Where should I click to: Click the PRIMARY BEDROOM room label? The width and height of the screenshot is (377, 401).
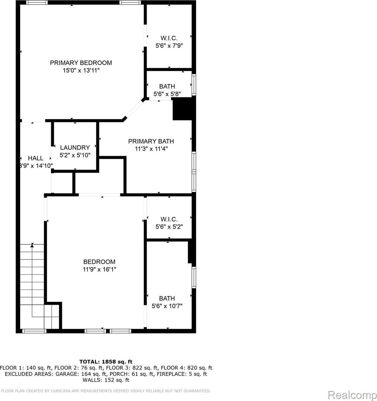81,63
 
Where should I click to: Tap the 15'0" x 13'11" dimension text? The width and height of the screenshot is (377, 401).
81,71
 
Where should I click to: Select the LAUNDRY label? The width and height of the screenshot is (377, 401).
75,147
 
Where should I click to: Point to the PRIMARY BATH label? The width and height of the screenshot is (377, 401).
151,141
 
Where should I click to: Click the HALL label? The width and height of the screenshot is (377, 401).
35,158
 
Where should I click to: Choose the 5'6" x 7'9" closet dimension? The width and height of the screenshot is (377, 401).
169,46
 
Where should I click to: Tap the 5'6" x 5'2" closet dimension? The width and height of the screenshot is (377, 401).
169,227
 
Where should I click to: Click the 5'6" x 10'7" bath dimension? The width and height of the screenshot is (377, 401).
167,306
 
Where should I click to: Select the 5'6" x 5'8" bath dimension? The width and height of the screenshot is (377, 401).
167,94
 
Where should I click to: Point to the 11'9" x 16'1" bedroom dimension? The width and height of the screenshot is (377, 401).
99,269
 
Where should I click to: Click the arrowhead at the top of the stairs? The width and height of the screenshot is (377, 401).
32,246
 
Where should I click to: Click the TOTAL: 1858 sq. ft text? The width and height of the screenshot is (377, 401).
106,362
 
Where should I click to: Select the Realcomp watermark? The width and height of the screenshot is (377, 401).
352,395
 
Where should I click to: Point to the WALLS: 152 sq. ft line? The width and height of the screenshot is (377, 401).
106,380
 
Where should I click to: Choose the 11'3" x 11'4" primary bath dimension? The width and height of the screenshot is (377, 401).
151,149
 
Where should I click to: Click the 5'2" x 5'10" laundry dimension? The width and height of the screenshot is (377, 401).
75,155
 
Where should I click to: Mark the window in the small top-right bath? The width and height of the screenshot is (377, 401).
194,86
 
